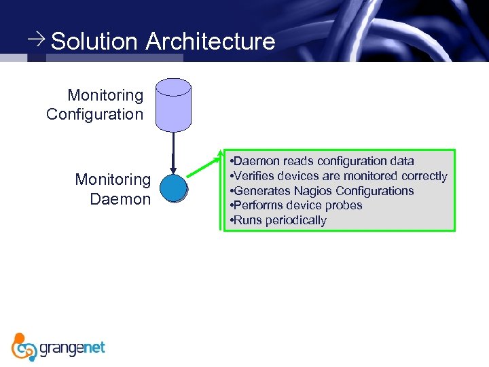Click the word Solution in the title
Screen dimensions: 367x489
pyautogui.click(x=94, y=41)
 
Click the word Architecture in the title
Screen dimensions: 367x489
pyautogui.click(x=210, y=41)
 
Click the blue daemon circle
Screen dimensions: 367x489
pyautogui.click(x=173, y=188)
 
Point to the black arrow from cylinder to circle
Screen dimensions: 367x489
pyautogui.click(x=174, y=152)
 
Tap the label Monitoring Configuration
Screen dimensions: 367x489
pyautogui.click(x=95, y=105)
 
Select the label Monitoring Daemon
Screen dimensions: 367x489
pyautogui.click(x=113, y=189)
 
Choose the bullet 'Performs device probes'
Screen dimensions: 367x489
pyautogui.click(x=296, y=205)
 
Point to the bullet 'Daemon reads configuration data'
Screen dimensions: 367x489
pyautogui.click(x=322, y=161)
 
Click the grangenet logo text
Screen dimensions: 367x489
pyautogui.click(x=73, y=348)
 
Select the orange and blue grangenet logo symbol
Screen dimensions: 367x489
pyautogui.click(x=24, y=347)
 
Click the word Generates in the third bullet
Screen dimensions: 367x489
pyautogui.click(x=261, y=191)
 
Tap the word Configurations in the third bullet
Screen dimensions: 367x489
pyautogui.click(x=374, y=191)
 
